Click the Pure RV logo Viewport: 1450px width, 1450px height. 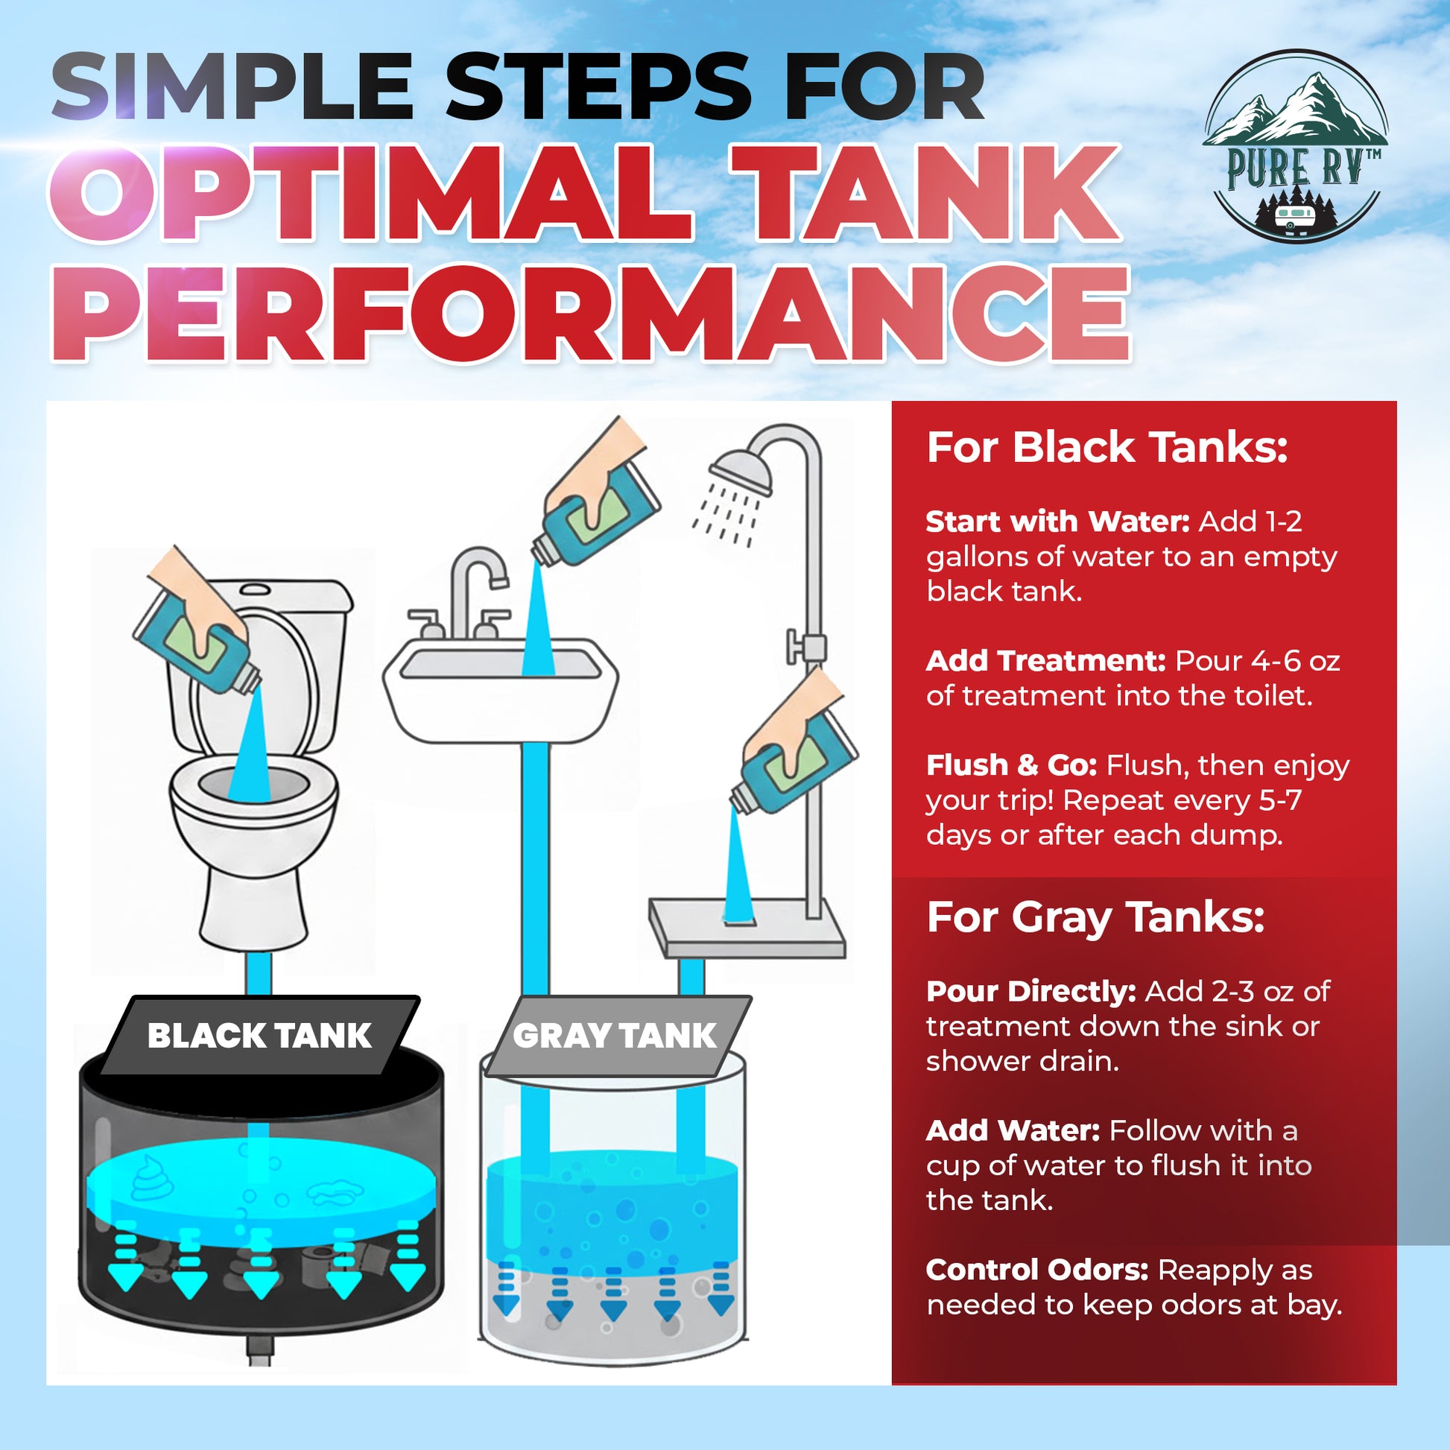pos(1295,146)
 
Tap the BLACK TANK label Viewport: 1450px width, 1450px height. pos(259,1036)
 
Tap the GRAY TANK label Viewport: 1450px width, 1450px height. pos(615,1036)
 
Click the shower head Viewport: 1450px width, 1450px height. pos(741,472)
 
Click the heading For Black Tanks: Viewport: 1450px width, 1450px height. pos(1107,448)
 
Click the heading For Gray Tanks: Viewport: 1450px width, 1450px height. pos(1096,917)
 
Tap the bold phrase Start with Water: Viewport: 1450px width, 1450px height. pos(1057,522)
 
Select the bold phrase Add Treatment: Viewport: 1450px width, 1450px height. pos(1045,661)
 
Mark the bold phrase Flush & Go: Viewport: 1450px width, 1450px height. pos(1011,765)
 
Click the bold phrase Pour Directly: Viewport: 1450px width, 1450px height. pos(1030,992)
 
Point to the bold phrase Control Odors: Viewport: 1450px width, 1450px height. pos(1036,1270)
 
